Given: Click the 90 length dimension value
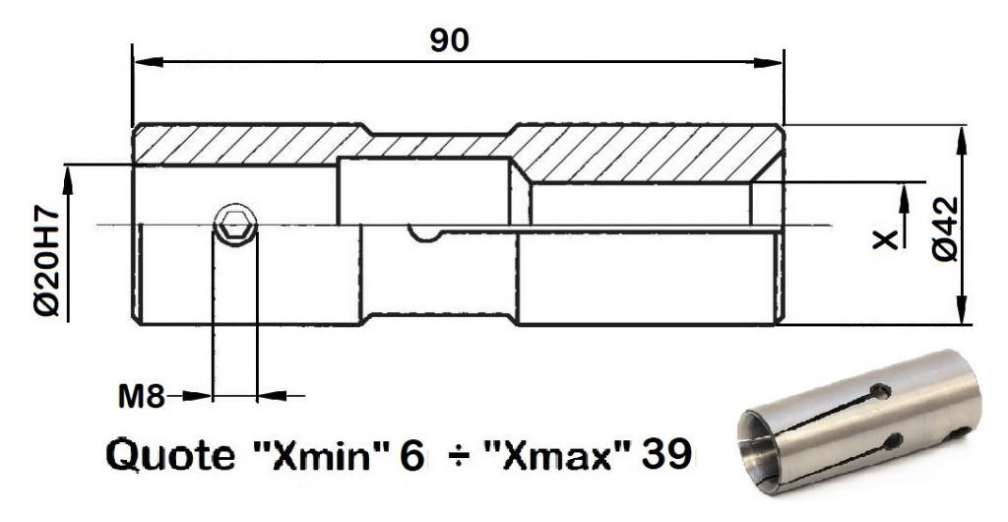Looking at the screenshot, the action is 449,41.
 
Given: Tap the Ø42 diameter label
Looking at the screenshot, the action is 945,228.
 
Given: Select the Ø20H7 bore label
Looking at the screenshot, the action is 47,262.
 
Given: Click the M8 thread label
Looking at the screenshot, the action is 142,397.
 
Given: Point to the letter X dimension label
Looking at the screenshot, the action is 885,240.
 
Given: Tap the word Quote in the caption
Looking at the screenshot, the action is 170,456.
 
